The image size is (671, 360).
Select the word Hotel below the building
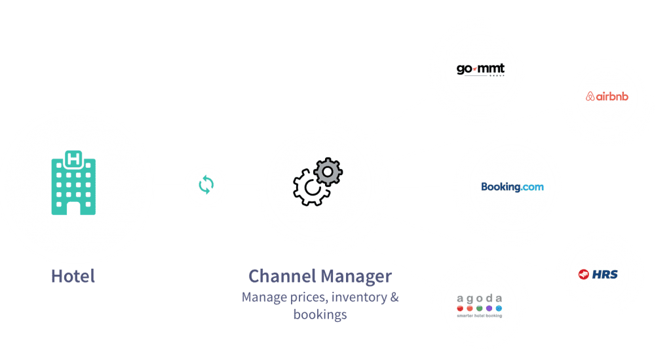(73, 276)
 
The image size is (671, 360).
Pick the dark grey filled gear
(328, 172)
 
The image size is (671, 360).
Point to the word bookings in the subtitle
(320, 315)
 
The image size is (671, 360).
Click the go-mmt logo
(481, 70)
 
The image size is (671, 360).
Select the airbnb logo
(607, 96)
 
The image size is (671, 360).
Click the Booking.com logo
(512, 187)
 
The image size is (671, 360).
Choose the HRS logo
(598, 274)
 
